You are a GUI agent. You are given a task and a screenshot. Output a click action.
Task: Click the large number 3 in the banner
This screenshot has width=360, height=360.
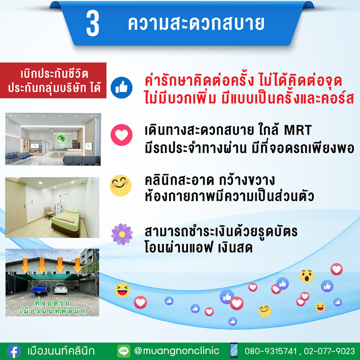pyautogui.click(x=92, y=24)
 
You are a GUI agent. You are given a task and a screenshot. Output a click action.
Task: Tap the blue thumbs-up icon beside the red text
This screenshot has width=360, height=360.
pyautogui.click(x=121, y=88)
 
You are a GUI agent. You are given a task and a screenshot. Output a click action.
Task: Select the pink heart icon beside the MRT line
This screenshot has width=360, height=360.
pyautogui.click(x=121, y=135)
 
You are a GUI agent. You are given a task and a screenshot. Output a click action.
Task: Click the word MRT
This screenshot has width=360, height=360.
pyautogui.click(x=298, y=130)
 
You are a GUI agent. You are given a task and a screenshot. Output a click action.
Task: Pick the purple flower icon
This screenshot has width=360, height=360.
pyautogui.click(x=122, y=234)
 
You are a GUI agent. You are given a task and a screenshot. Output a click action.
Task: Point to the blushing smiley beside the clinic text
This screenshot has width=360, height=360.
pyautogui.click(x=121, y=186)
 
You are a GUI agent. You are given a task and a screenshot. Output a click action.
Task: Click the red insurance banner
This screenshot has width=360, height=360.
pyautogui.click(x=53, y=81)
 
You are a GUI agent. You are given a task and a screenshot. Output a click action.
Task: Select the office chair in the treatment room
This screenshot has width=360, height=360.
pyautogui.click(x=49, y=213)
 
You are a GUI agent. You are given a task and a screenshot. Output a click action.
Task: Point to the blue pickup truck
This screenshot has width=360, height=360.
pyautogui.click(x=41, y=289)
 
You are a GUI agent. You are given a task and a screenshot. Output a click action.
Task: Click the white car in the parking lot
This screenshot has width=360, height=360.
pyautogui.click(x=61, y=289)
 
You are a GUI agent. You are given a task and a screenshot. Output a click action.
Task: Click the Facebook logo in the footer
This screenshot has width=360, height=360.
pyautogui.click(x=14, y=351)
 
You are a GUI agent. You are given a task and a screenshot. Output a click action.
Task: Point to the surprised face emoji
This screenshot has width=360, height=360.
pyautogui.click(x=307, y=276)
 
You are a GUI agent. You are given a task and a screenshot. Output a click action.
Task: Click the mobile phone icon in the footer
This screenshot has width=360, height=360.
pyautogui.click(x=234, y=351)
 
